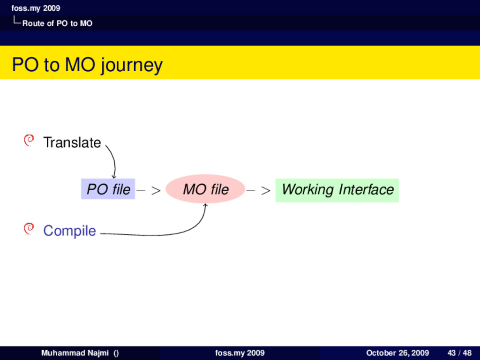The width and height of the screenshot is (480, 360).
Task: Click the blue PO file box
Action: [108, 189]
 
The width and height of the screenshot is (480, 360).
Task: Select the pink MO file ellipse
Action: [205, 189]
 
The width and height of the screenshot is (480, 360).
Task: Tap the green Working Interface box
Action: [337, 190]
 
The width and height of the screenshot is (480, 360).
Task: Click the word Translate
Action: [72, 142]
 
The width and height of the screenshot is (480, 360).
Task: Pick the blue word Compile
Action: [69, 231]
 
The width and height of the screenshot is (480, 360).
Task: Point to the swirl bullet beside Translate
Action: [29, 140]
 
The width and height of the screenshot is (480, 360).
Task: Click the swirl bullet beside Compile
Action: [29, 228]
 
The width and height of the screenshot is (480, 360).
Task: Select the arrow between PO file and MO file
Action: [149, 191]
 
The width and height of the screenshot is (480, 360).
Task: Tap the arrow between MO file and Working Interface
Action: [259, 191]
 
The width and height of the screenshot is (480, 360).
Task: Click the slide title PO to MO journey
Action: [87, 65]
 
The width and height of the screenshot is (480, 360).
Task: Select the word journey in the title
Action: [132, 65]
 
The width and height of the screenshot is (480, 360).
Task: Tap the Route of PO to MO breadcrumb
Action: [57, 23]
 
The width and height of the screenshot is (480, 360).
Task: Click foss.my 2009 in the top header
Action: [36, 8]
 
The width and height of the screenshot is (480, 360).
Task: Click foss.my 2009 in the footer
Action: [240, 353]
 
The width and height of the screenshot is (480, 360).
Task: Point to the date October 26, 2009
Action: [397, 353]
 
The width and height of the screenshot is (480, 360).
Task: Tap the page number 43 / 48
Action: [459, 353]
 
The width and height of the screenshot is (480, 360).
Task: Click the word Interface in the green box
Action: [366, 190]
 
